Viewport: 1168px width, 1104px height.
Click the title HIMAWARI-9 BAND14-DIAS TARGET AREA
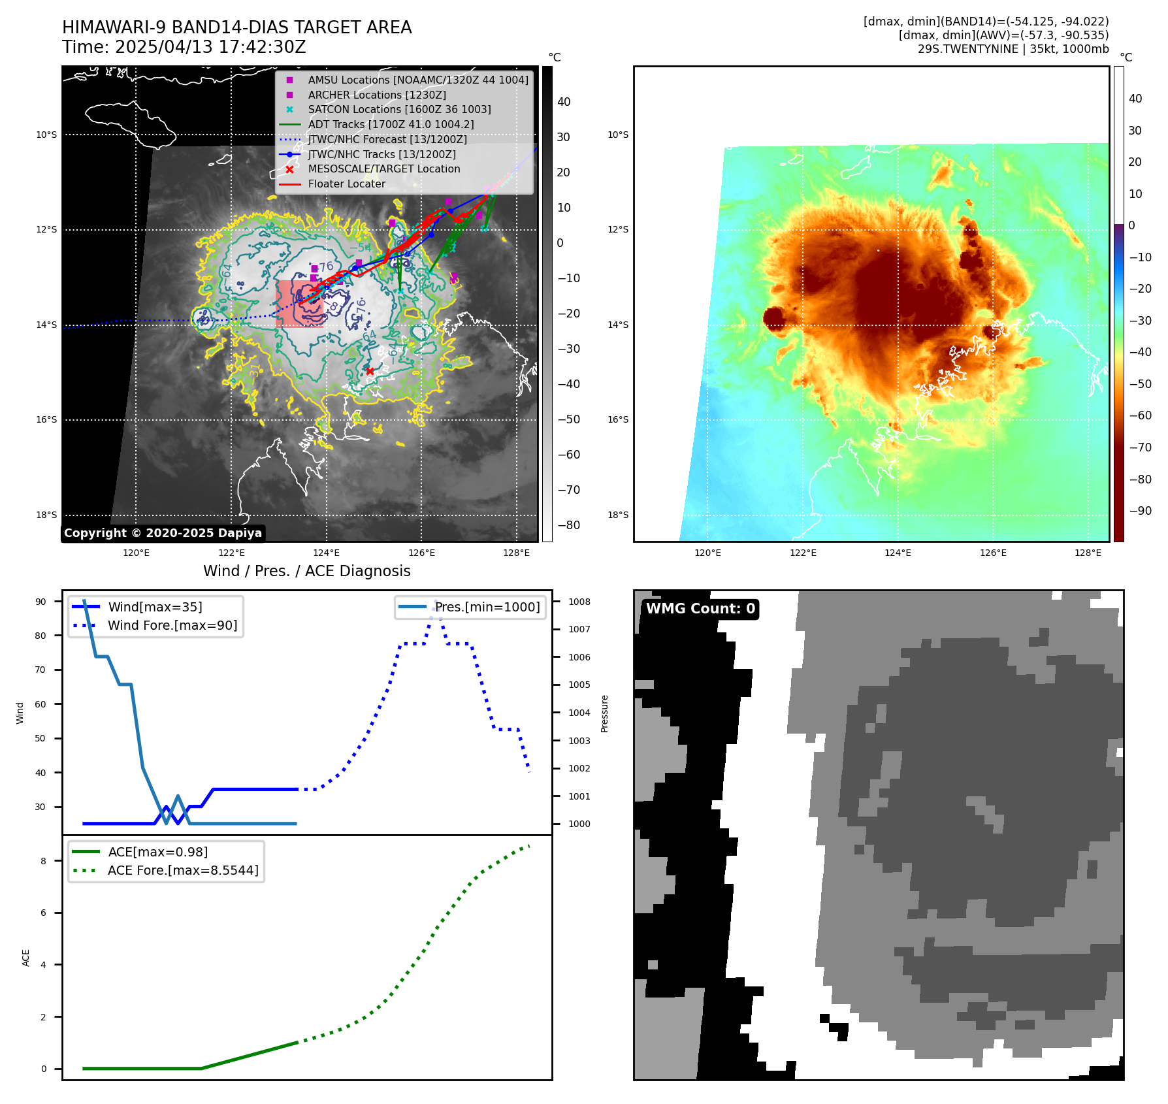[x=236, y=27]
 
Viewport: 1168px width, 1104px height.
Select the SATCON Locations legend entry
[x=399, y=110]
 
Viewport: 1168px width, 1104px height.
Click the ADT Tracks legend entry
[x=391, y=124]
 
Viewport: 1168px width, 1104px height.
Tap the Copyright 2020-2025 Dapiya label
[x=163, y=533]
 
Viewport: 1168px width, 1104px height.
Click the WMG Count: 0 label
[x=700, y=609]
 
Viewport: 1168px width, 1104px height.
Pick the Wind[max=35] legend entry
[x=155, y=607]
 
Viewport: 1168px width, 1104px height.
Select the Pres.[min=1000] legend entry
[x=487, y=607]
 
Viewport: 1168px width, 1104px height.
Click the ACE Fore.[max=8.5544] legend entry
[x=183, y=870]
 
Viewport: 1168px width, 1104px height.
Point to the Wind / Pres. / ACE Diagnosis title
[x=307, y=571]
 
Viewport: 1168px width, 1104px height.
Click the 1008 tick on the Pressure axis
[x=579, y=602]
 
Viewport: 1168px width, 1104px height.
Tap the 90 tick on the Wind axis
[x=41, y=602]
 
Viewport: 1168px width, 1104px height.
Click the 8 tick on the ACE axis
[x=43, y=861]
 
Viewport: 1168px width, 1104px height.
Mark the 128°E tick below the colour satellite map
[x=1088, y=553]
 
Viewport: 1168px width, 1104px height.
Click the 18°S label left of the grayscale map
[x=46, y=515]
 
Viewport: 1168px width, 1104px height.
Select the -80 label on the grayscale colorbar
[x=568, y=525]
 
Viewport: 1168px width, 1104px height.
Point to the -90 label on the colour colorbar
[x=1140, y=511]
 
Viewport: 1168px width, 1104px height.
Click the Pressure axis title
[x=604, y=713]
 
